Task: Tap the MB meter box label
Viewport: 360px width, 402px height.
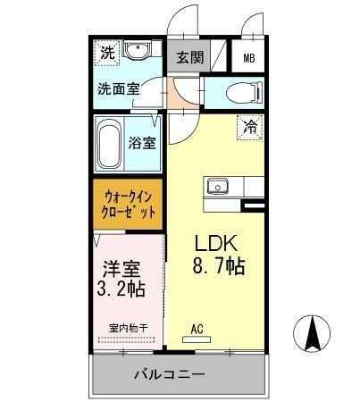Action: [x=248, y=60]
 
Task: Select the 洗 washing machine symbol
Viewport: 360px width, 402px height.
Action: [x=107, y=52]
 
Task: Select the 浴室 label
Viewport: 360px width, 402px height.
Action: [x=142, y=141]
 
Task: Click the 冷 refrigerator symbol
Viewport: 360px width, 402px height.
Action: [x=251, y=127]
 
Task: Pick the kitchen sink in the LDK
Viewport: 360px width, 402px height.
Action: [x=218, y=187]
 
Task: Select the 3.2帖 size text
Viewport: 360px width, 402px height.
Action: [x=122, y=289]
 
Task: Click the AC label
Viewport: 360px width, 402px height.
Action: [x=197, y=328]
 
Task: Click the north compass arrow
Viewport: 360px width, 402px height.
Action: [x=314, y=334]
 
